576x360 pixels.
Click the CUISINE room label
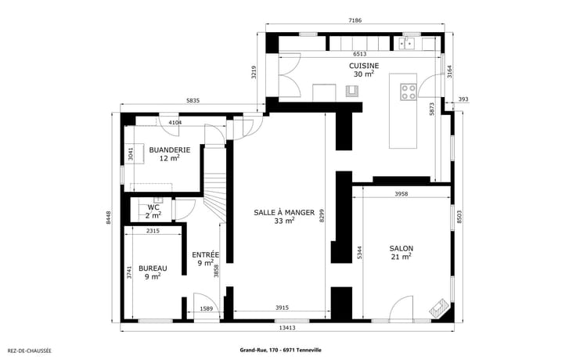point(364,66)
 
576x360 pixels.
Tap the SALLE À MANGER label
point(284,212)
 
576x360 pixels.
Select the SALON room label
point(401,249)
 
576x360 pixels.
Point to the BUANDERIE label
point(170,150)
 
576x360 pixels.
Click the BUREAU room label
point(153,268)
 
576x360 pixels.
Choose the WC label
point(153,207)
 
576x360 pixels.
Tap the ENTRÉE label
point(206,254)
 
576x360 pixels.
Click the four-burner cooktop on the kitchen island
point(408,92)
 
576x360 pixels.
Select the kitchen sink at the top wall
point(407,44)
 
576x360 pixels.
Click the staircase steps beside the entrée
point(214,191)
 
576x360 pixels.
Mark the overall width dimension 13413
point(287,328)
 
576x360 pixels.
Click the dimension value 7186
point(355,20)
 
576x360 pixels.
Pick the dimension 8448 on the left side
point(108,217)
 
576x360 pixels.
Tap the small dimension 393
point(463,99)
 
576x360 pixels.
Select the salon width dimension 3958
point(401,193)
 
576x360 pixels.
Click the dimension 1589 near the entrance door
point(207,308)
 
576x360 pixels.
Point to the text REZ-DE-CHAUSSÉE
point(30,351)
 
